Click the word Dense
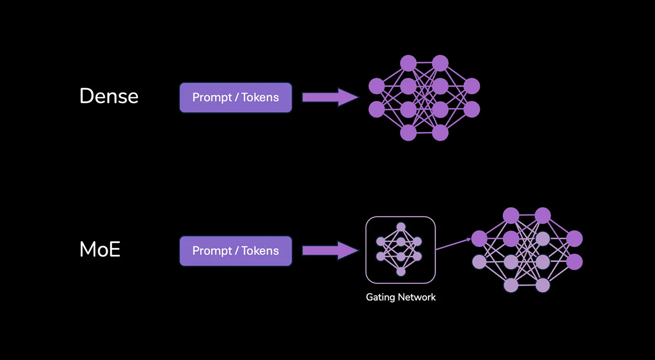109,96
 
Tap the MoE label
100,250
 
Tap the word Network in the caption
417,297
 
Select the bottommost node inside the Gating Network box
401,272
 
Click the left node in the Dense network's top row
408,63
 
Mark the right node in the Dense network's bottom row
440,132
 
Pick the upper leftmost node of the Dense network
376,86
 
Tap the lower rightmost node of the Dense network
472,109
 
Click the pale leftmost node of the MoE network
479,262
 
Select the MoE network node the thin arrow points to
479,239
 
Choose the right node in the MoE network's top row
543,216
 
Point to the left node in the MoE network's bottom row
511,285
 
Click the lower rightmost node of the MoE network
575,262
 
